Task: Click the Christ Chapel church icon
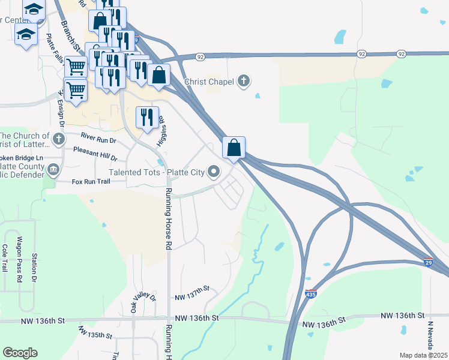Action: coord(244,81)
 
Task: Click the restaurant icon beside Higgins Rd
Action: coord(147,118)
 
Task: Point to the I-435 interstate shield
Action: coord(310,293)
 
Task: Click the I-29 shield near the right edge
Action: coord(428,262)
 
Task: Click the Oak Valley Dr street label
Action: coord(135,304)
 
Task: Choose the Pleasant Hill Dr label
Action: coord(95,154)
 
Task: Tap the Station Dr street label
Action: coord(34,268)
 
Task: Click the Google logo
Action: coord(20,353)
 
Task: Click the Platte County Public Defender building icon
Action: coord(53,170)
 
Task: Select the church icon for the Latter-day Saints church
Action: coord(58,140)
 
